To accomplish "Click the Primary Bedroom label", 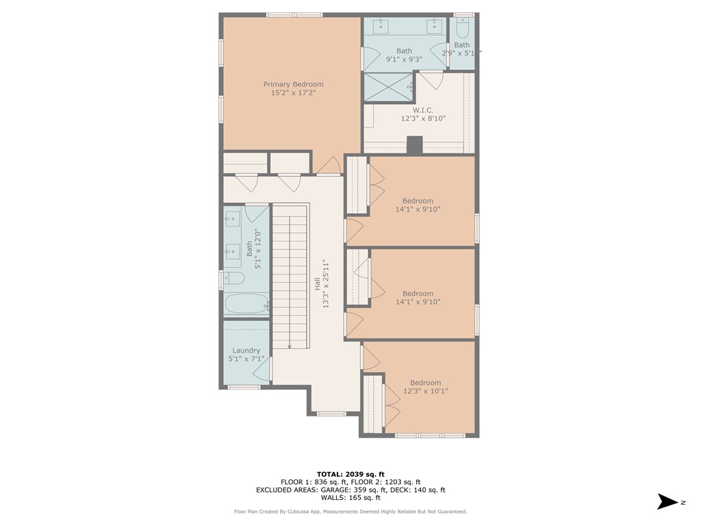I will click(x=293, y=84).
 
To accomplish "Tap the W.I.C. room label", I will click(x=422, y=110).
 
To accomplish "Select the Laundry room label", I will click(x=246, y=351).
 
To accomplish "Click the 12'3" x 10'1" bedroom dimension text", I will click(x=425, y=391).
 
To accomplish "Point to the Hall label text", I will click(x=317, y=284).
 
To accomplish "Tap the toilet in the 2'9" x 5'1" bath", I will click(x=462, y=28).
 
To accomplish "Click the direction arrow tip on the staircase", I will click(x=290, y=346).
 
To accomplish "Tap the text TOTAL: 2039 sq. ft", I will click(x=350, y=474).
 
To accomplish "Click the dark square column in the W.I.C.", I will click(x=415, y=145).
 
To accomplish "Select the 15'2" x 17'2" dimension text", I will click(x=293, y=92).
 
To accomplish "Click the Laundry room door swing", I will click(x=262, y=370).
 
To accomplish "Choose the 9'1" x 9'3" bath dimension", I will click(x=404, y=59).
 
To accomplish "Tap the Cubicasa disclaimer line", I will click(x=350, y=511).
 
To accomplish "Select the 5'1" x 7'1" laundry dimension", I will click(x=246, y=359).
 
